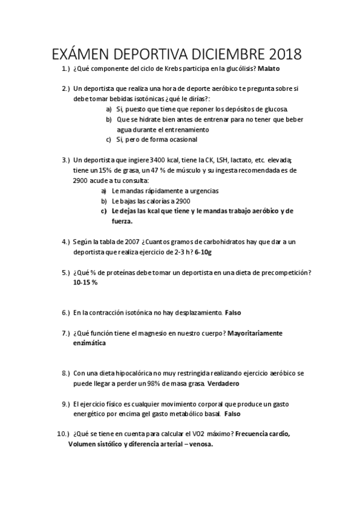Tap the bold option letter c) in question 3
(x=104, y=210)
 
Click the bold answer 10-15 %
(x=85, y=283)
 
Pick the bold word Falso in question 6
(x=233, y=313)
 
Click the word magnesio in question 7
(x=154, y=333)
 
